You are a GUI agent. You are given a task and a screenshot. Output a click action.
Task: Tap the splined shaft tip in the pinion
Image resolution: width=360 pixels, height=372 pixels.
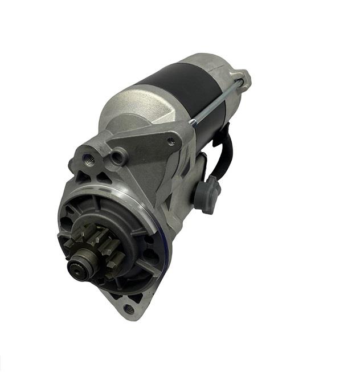pyautogui.click(x=78, y=265)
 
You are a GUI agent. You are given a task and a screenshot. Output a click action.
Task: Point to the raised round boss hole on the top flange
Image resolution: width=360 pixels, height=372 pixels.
pyautogui.click(x=118, y=155)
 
